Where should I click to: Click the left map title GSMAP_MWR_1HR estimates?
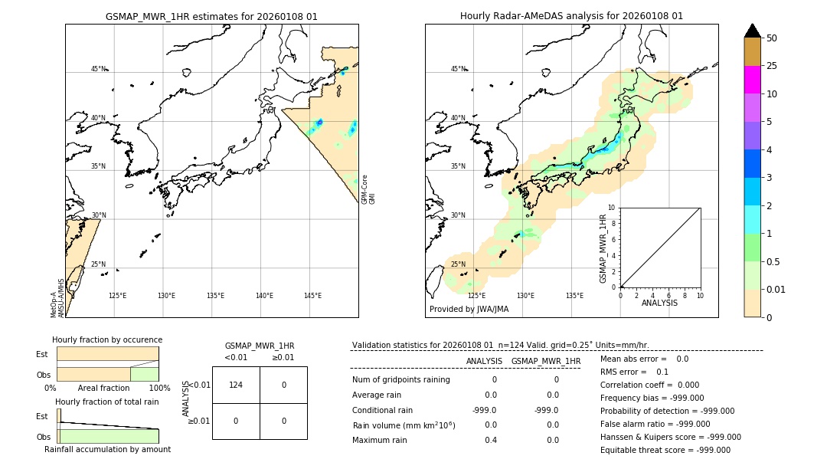(211, 16)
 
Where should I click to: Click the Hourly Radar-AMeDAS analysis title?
(571, 16)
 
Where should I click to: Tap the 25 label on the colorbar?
(773, 66)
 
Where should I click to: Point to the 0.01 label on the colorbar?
(776, 290)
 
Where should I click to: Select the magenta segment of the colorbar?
(752, 80)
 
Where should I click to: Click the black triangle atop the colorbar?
(752, 31)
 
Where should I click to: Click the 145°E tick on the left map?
(312, 296)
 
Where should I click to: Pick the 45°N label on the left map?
(98, 69)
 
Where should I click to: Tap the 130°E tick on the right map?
(525, 296)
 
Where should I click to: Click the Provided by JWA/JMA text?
(469, 310)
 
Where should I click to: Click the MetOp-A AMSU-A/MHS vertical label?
(57, 299)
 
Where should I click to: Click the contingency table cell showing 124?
(236, 385)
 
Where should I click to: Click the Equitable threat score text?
(665, 450)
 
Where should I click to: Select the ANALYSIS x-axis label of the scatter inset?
(659, 303)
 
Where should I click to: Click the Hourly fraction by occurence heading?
(107, 339)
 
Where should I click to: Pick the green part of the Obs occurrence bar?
(144, 374)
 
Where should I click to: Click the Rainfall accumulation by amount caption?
(107, 449)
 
